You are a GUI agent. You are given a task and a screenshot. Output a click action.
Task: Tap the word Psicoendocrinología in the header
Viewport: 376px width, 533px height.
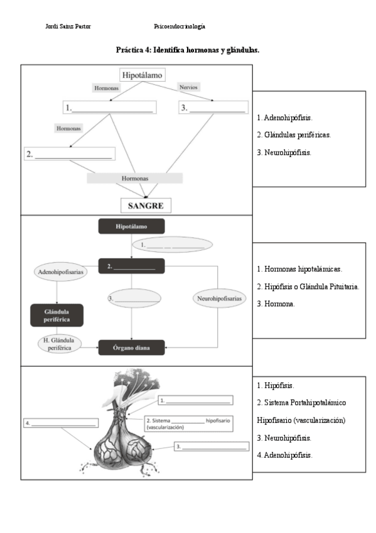point(180,26)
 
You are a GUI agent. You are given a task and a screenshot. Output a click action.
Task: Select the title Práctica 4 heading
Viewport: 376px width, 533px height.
point(188,50)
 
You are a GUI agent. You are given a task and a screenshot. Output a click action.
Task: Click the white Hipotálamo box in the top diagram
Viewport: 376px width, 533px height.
point(142,75)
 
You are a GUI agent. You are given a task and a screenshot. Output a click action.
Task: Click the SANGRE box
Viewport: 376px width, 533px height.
point(146,206)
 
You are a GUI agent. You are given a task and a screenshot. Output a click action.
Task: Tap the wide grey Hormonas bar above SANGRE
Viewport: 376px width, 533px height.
point(134,179)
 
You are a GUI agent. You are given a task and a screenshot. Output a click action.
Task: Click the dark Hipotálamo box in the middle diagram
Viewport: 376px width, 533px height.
point(131,226)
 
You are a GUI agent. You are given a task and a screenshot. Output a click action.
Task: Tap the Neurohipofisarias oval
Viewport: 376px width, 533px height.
point(218,299)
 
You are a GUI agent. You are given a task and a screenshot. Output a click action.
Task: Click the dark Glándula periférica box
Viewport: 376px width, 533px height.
point(56,316)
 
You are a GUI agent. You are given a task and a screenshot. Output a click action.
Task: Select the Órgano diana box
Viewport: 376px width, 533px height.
point(131,348)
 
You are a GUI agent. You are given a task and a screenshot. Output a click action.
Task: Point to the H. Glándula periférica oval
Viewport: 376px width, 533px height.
point(62,344)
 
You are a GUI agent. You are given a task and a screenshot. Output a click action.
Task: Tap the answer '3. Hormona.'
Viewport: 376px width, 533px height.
point(276,304)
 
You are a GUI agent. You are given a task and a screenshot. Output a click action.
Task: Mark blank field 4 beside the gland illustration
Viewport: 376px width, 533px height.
point(60,424)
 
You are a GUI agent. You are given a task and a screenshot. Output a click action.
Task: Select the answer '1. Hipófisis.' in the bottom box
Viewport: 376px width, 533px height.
point(276,385)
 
